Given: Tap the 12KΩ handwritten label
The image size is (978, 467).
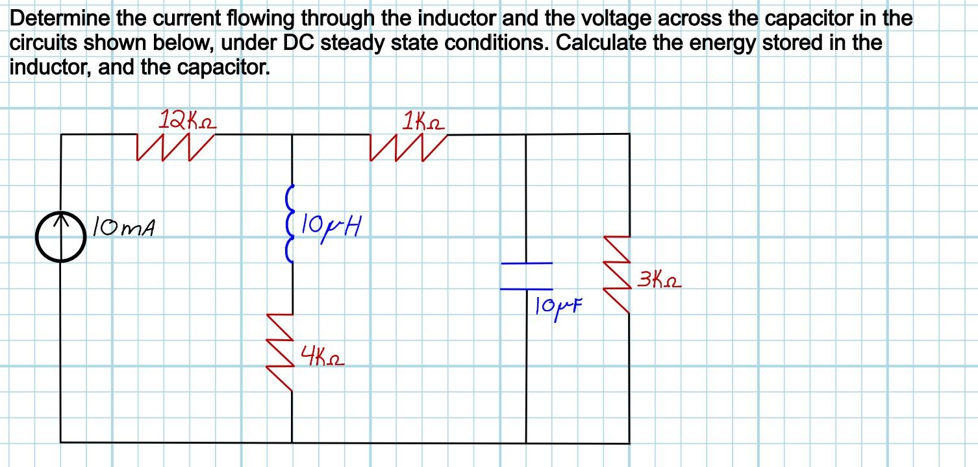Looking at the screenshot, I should [188, 120].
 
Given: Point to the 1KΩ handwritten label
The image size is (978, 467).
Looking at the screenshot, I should [423, 121].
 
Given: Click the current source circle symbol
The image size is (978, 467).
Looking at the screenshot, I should [62, 236].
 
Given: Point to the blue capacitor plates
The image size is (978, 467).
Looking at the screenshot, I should [526, 276].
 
